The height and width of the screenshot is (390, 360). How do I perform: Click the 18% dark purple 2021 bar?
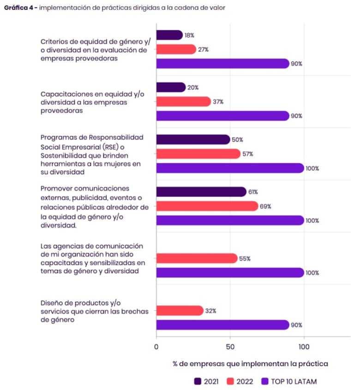coord(169,35)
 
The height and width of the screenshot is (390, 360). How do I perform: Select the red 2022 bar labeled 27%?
coord(176,49)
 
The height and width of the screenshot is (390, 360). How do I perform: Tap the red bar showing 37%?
coord(184,102)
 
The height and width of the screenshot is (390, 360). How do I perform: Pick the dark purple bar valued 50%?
coord(193,139)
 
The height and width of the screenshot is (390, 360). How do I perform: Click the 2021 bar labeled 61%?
coord(201,192)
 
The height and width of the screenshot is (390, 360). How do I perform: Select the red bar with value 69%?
coord(207,206)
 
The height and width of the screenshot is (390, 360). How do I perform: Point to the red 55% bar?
coord(197,258)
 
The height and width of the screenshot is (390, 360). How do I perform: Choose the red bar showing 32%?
coord(180,311)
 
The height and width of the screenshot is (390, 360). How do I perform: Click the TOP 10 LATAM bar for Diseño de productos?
coord(222,325)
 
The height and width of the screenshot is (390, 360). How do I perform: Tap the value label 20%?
coord(192,87)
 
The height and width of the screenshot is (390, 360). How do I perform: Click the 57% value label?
coord(247,154)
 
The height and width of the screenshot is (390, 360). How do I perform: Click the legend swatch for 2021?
coord(198,381)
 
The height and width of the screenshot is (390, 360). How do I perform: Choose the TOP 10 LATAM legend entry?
coord(289,381)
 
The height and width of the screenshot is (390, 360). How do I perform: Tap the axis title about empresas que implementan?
coord(250,364)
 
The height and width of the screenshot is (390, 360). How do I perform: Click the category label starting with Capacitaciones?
coord(92,102)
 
